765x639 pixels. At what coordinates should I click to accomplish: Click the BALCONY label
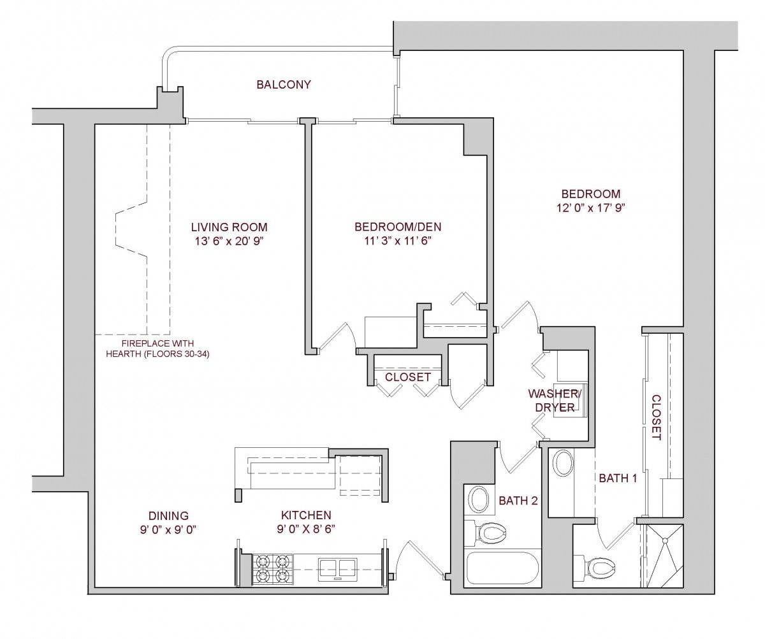click(284, 85)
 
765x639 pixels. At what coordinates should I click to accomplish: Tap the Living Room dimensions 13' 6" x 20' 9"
click(229, 241)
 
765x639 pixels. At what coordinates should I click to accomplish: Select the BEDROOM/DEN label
click(398, 227)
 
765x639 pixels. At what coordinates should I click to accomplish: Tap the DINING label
click(168, 515)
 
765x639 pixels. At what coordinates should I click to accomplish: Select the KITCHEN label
click(306, 515)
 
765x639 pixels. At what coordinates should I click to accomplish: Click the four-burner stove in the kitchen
click(272, 568)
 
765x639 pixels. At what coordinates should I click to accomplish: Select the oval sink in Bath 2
click(478, 499)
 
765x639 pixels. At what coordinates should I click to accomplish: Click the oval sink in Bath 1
click(562, 463)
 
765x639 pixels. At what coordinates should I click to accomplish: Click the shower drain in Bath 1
click(667, 542)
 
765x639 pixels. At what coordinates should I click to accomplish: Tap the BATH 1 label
click(616, 478)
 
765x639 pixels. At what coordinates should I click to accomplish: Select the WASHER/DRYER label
click(551, 399)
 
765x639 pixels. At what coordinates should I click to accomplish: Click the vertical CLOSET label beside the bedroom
click(656, 418)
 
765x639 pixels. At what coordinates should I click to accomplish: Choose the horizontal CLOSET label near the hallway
click(408, 377)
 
